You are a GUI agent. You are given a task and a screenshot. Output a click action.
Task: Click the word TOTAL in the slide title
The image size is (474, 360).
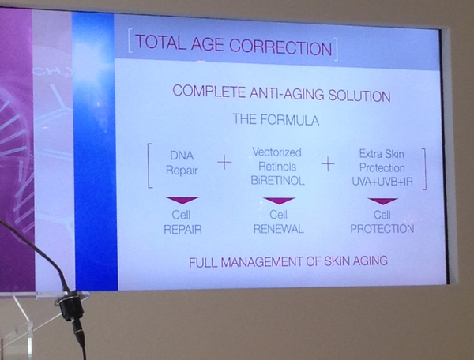160,43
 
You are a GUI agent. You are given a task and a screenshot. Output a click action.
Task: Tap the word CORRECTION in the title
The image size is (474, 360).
280,47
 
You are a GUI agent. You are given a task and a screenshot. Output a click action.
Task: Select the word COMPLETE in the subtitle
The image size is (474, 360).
209,91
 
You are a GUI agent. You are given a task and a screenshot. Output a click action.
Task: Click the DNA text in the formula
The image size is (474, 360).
182,156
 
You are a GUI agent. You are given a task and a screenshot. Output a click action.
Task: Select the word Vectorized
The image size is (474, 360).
276,152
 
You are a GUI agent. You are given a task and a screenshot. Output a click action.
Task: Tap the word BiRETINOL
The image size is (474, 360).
277,181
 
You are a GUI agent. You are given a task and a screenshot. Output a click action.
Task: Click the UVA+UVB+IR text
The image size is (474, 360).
382,182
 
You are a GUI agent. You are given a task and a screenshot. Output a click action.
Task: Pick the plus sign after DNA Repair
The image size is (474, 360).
224,163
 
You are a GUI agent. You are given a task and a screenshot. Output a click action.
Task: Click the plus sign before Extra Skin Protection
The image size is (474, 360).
328,164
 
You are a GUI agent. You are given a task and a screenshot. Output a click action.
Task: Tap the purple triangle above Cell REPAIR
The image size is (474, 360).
182,200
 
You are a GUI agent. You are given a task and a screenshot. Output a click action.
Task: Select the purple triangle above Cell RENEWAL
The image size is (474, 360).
279,201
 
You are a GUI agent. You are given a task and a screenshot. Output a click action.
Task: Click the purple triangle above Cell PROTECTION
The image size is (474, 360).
382,201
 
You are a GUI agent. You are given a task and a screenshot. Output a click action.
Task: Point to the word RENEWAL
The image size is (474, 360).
278,229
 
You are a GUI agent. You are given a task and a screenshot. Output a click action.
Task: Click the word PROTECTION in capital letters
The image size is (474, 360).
382,229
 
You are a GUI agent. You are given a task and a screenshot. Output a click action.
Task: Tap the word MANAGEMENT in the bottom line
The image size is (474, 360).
261,262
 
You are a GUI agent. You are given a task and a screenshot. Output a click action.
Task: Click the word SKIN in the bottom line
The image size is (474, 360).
337,261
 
